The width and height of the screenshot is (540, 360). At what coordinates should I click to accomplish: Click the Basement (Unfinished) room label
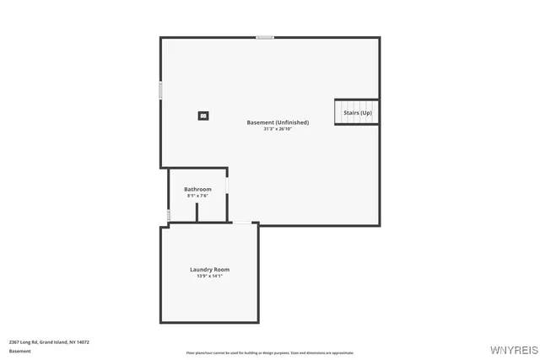point(278,122)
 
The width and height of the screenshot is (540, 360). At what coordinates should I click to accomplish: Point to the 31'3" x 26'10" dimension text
point(278,129)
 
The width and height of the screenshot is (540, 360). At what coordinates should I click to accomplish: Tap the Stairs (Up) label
point(357,112)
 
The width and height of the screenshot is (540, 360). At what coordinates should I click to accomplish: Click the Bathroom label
point(197,189)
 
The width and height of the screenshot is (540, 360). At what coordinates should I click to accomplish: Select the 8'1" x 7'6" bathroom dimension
point(197,196)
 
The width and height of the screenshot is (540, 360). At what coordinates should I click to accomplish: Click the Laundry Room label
point(209,270)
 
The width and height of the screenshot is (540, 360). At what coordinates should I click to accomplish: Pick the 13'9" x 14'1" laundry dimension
point(209,277)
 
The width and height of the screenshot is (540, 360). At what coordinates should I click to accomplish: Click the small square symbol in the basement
point(203,116)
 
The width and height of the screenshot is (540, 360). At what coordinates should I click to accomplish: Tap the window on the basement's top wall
point(265,37)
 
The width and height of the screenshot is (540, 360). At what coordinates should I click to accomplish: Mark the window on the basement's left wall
point(160,90)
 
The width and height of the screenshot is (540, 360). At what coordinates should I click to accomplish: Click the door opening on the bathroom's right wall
point(227,185)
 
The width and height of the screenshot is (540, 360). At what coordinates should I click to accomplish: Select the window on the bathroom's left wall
point(169,215)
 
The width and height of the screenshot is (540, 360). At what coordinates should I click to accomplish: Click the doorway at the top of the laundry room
point(242,223)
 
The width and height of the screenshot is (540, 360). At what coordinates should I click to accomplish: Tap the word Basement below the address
point(19,351)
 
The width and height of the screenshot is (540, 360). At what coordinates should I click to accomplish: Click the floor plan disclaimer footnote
point(270,352)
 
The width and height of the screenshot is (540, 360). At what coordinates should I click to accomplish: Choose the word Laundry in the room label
point(200,270)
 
